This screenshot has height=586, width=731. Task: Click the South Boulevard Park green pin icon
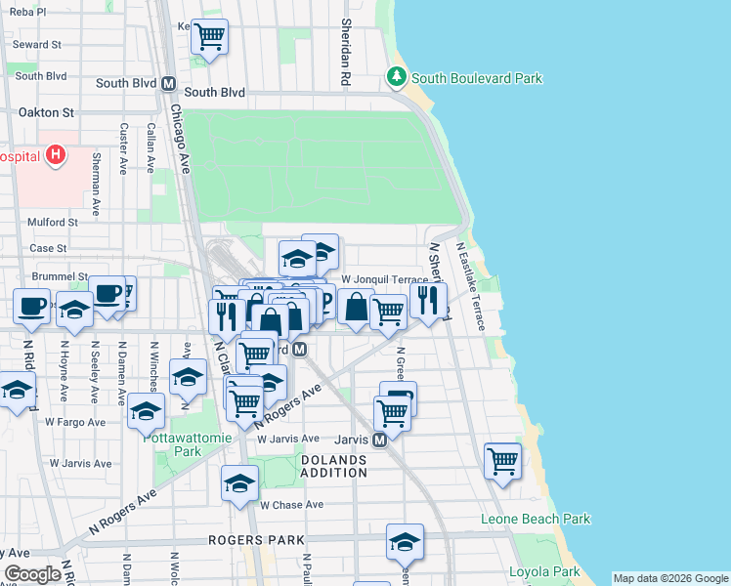point(396,76)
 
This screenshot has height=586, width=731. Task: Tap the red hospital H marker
point(57,154)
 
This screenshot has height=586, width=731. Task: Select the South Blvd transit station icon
point(168,83)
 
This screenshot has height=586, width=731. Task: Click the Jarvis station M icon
point(380,439)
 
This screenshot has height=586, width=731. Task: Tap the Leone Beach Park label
point(535,519)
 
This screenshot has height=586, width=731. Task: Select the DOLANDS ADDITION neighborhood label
point(333,466)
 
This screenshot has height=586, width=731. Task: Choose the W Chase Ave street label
point(291,505)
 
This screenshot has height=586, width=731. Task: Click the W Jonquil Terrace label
point(384,280)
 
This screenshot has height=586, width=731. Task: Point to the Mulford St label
point(53,222)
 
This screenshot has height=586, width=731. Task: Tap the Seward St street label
point(37,45)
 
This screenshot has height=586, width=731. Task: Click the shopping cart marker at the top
point(209,38)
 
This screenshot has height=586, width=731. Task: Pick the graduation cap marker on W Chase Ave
point(240,483)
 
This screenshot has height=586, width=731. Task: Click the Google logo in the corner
point(32,574)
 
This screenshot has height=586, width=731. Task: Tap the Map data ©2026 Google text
point(670,578)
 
